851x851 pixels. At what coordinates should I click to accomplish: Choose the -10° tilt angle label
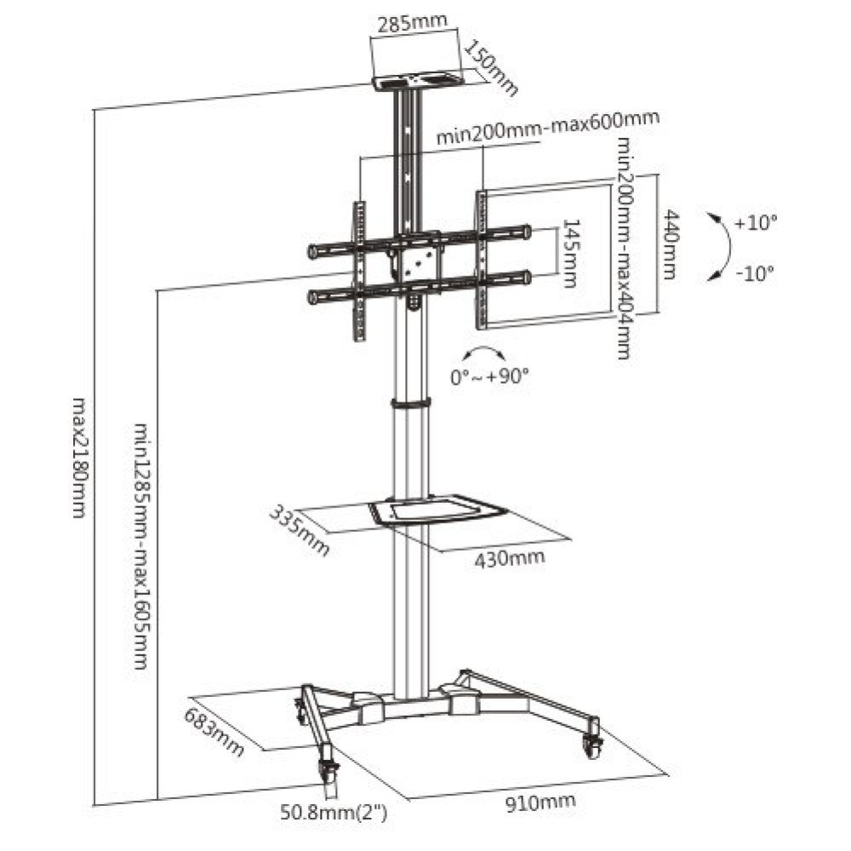[x=754, y=273]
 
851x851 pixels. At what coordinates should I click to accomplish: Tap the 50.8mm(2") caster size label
[x=334, y=814]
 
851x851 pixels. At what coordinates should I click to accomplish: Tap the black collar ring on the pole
[x=411, y=403]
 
